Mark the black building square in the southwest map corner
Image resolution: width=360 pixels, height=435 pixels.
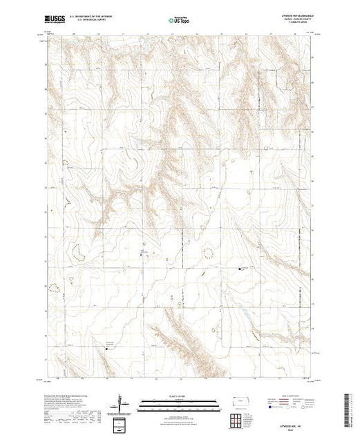(x=106, y=349)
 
